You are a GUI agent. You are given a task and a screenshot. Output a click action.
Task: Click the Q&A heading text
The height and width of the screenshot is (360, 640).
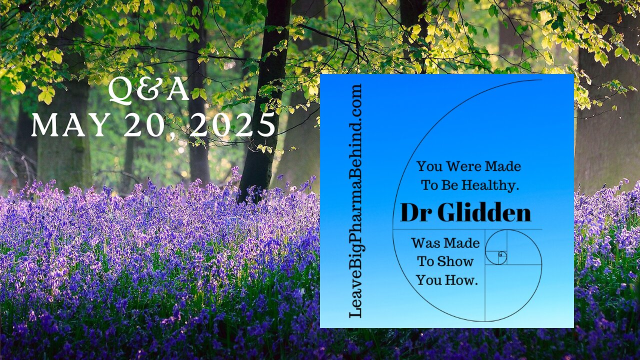(x=149, y=91)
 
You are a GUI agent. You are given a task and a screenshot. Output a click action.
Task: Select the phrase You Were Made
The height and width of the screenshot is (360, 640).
(x=468, y=166)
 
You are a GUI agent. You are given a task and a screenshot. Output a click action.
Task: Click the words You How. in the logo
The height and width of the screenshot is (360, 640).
(x=447, y=280)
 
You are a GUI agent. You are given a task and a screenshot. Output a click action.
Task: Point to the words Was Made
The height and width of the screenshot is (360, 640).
(x=445, y=243)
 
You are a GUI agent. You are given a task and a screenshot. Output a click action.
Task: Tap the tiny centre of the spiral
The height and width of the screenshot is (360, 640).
(x=501, y=256)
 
